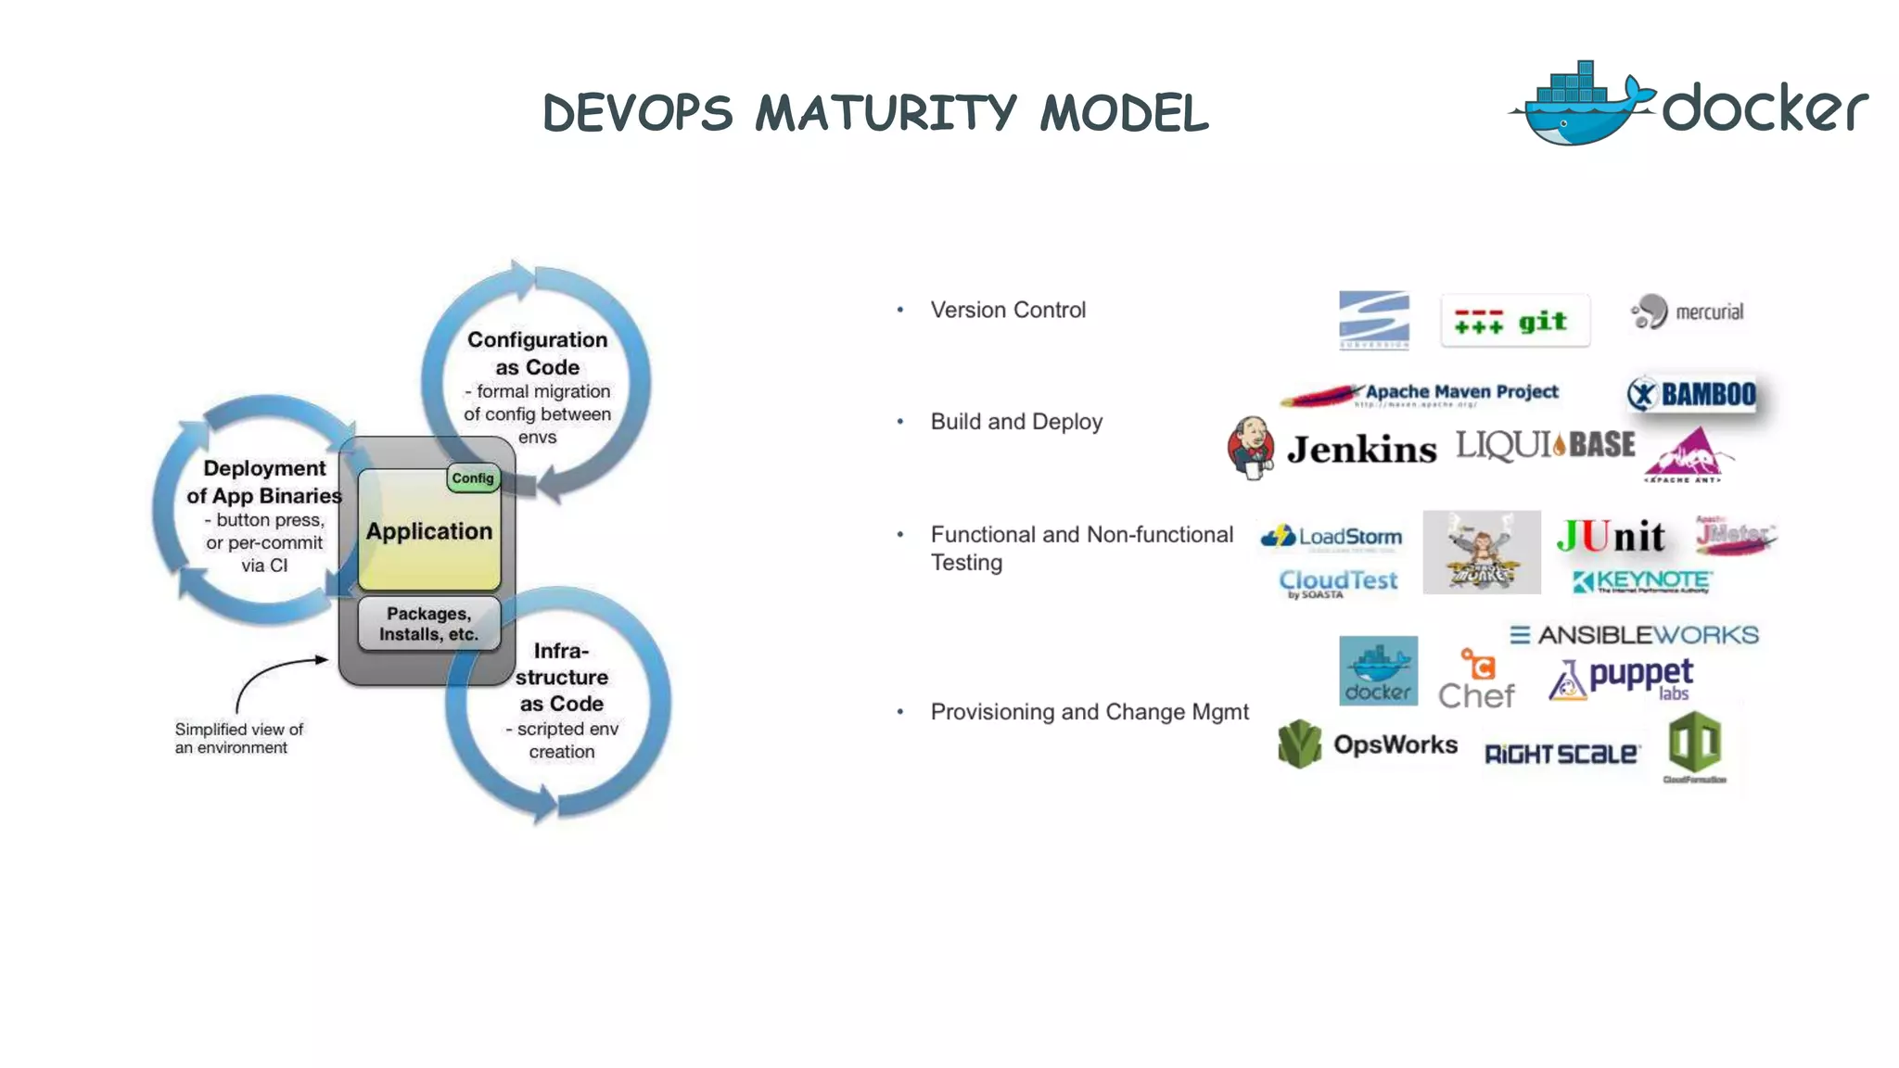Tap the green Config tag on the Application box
(x=473, y=478)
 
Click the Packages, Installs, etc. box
(x=428, y=624)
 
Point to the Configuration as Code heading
(x=537, y=353)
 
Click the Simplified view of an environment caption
(x=238, y=739)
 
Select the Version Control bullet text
(x=1007, y=311)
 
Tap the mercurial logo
(x=1688, y=312)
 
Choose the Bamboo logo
(x=1692, y=394)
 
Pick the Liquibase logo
(x=1545, y=445)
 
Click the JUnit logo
(x=1610, y=536)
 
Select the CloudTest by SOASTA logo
(x=1337, y=582)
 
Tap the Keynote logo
(x=1642, y=581)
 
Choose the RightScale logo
(x=1561, y=754)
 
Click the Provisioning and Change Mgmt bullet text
(x=1089, y=712)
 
